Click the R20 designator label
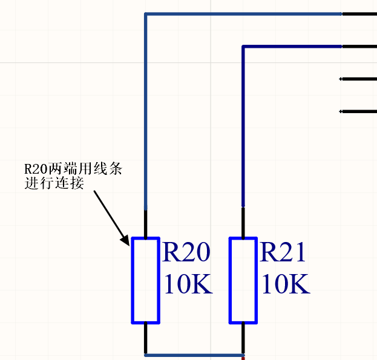coord(186,252)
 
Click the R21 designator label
coord(283,252)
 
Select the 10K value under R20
coord(189,284)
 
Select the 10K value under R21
coord(286,284)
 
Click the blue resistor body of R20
coord(132,280)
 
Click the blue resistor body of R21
coord(230,280)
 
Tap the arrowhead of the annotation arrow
coord(126,240)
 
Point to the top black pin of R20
coord(145,224)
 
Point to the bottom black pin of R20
coord(145,338)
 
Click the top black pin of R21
coord(243,222)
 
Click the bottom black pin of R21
coord(243,338)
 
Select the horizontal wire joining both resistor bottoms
coord(194,355)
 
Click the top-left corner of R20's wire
coord(145,14)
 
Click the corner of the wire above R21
coord(243,47)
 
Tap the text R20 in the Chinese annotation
coord(36,169)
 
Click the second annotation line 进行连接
coord(54,183)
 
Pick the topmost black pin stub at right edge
coord(359,14)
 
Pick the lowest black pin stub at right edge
coord(358,111)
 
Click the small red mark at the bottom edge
coord(243,359)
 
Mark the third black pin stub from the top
coord(358,79)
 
